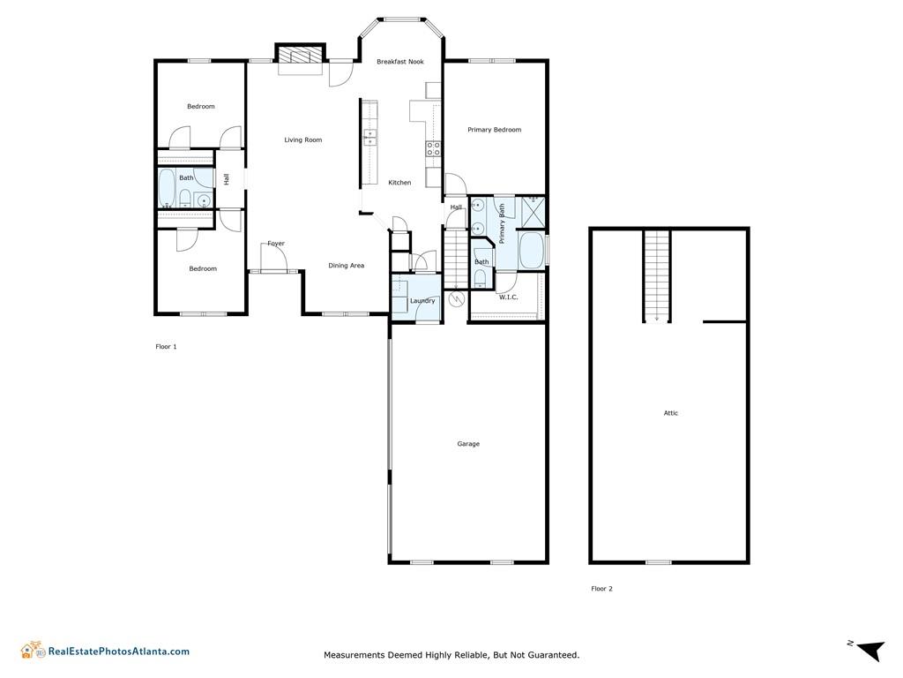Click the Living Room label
[x=303, y=139]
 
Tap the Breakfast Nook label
[x=400, y=61]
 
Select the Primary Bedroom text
[x=494, y=130]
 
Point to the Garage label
[x=468, y=444]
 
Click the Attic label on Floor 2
[x=671, y=413]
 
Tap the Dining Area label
[x=346, y=265]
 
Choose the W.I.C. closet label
[x=509, y=297]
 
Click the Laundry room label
[x=422, y=301]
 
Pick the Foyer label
[x=276, y=244]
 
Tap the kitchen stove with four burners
[x=433, y=148]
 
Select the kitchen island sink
[x=369, y=137]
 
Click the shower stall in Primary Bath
[x=534, y=212]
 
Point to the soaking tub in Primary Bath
[x=532, y=250]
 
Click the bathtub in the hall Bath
[x=167, y=188]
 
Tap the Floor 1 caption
[x=166, y=346]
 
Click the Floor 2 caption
[x=601, y=589]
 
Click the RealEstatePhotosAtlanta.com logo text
[x=119, y=652]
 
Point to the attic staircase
[x=657, y=276]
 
